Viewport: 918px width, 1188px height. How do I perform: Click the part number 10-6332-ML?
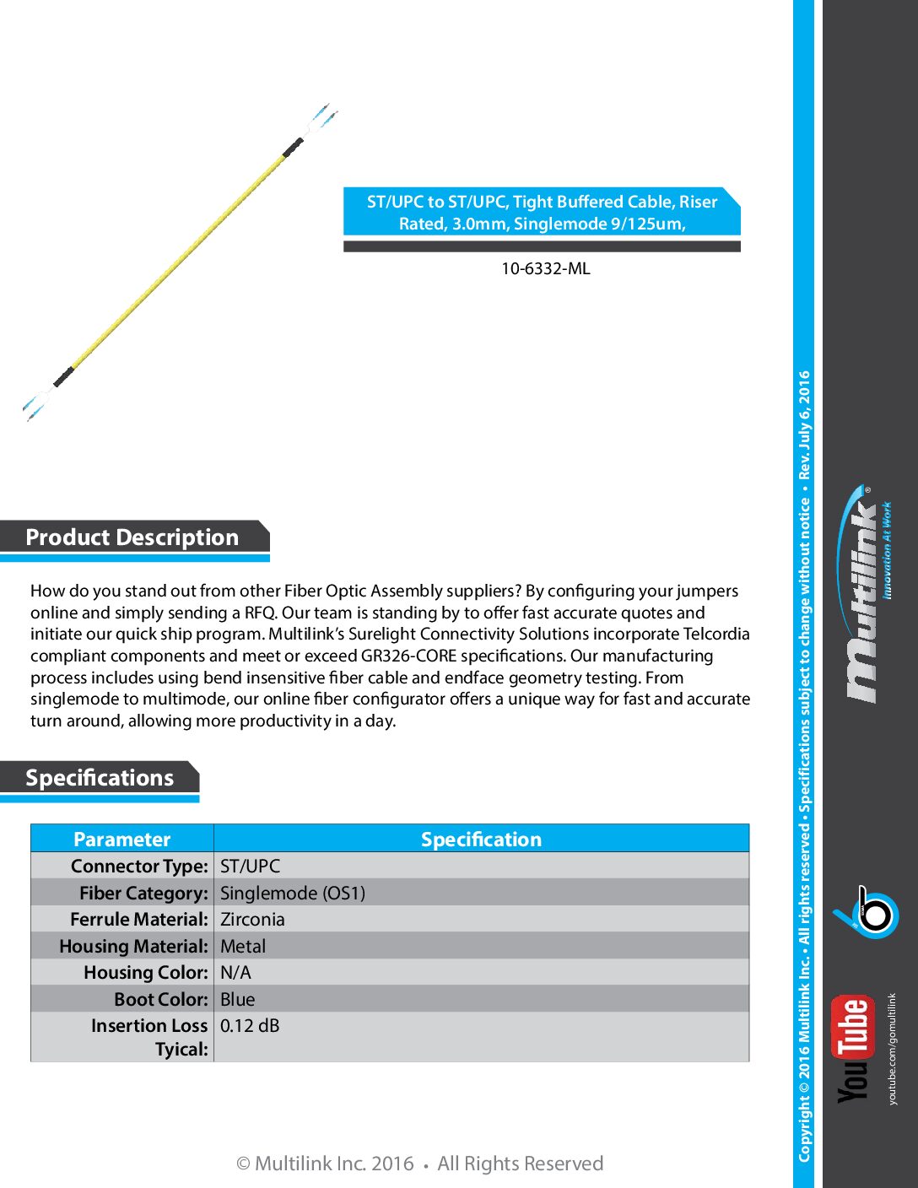click(545, 269)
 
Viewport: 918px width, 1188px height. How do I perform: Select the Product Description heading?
click(132, 537)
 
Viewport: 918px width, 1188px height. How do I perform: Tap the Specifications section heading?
click(100, 778)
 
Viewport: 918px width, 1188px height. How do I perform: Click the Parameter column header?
click(121, 840)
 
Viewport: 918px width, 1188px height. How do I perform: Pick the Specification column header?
click(481, 840)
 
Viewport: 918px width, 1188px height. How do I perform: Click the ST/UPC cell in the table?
click(251, 867)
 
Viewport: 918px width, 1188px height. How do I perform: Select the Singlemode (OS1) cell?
click(293, 894)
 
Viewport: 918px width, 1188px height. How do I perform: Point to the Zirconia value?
click(252, 920)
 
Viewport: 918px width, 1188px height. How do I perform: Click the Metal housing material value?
click(243, 947)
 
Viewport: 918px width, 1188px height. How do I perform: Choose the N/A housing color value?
click(235, 973)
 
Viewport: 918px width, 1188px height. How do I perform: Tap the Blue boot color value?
click(237, 1000)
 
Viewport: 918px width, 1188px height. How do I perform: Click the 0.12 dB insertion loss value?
click(250, 1026)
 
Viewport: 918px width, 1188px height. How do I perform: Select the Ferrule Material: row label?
click(139, 920)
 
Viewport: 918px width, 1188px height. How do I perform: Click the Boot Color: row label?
click(161, 1000)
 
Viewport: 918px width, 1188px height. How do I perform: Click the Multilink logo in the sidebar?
click(865, 595)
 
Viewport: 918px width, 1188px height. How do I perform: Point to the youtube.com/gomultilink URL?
click(893, 1049)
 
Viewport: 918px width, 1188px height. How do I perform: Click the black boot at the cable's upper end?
click(293, 148)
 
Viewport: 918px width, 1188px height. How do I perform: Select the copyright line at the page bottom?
click(419, 1164)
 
